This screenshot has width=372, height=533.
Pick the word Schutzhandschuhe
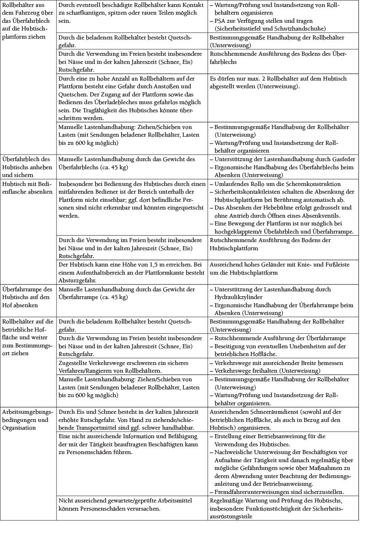(300, 29)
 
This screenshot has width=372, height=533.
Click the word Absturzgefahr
(78, 281)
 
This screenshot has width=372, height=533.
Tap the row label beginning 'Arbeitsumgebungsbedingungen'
(27, 419)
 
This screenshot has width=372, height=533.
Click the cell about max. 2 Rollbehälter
(283, 82)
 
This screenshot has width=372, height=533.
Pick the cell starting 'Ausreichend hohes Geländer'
(283, 269)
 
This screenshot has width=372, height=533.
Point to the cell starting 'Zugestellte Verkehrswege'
(132, 367)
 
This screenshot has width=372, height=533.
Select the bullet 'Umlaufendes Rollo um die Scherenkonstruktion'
(277, 184)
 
